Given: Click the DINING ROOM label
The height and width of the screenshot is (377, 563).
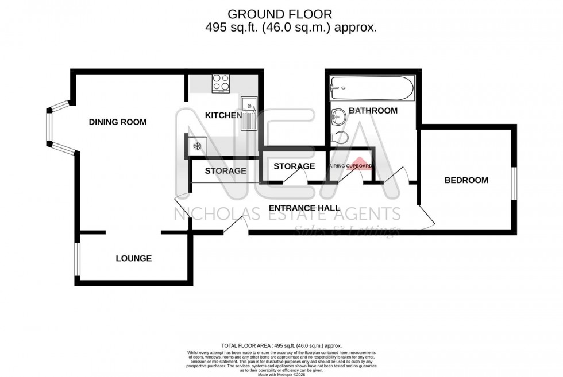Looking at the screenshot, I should point(117,122).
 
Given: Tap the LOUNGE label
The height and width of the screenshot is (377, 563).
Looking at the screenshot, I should point(134,258).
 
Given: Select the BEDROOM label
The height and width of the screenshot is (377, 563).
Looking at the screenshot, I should point(466,180).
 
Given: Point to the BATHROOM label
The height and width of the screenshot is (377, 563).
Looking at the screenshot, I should point(373,111).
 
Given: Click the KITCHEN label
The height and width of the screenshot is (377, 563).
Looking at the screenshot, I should point(223,116).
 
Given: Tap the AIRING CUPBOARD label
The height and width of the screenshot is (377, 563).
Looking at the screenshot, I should point(350,166).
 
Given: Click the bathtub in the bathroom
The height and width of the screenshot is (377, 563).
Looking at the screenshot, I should point(371,88).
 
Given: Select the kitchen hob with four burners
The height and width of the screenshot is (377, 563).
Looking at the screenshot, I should point(221,83).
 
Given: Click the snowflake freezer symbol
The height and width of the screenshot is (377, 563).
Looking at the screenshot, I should point(196,146).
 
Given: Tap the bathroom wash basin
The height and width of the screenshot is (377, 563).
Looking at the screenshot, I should point(339,116).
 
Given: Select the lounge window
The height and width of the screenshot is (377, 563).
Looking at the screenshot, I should point(77,259).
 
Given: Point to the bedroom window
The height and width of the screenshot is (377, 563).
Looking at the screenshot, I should point(514,184).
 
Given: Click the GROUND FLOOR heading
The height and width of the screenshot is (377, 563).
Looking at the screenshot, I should point(280,14).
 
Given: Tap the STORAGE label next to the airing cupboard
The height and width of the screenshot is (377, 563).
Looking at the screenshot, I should point(294,166).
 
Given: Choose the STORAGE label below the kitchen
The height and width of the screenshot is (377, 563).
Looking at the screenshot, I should point(225,170).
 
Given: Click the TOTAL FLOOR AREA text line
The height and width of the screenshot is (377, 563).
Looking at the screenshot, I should point(281,345).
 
